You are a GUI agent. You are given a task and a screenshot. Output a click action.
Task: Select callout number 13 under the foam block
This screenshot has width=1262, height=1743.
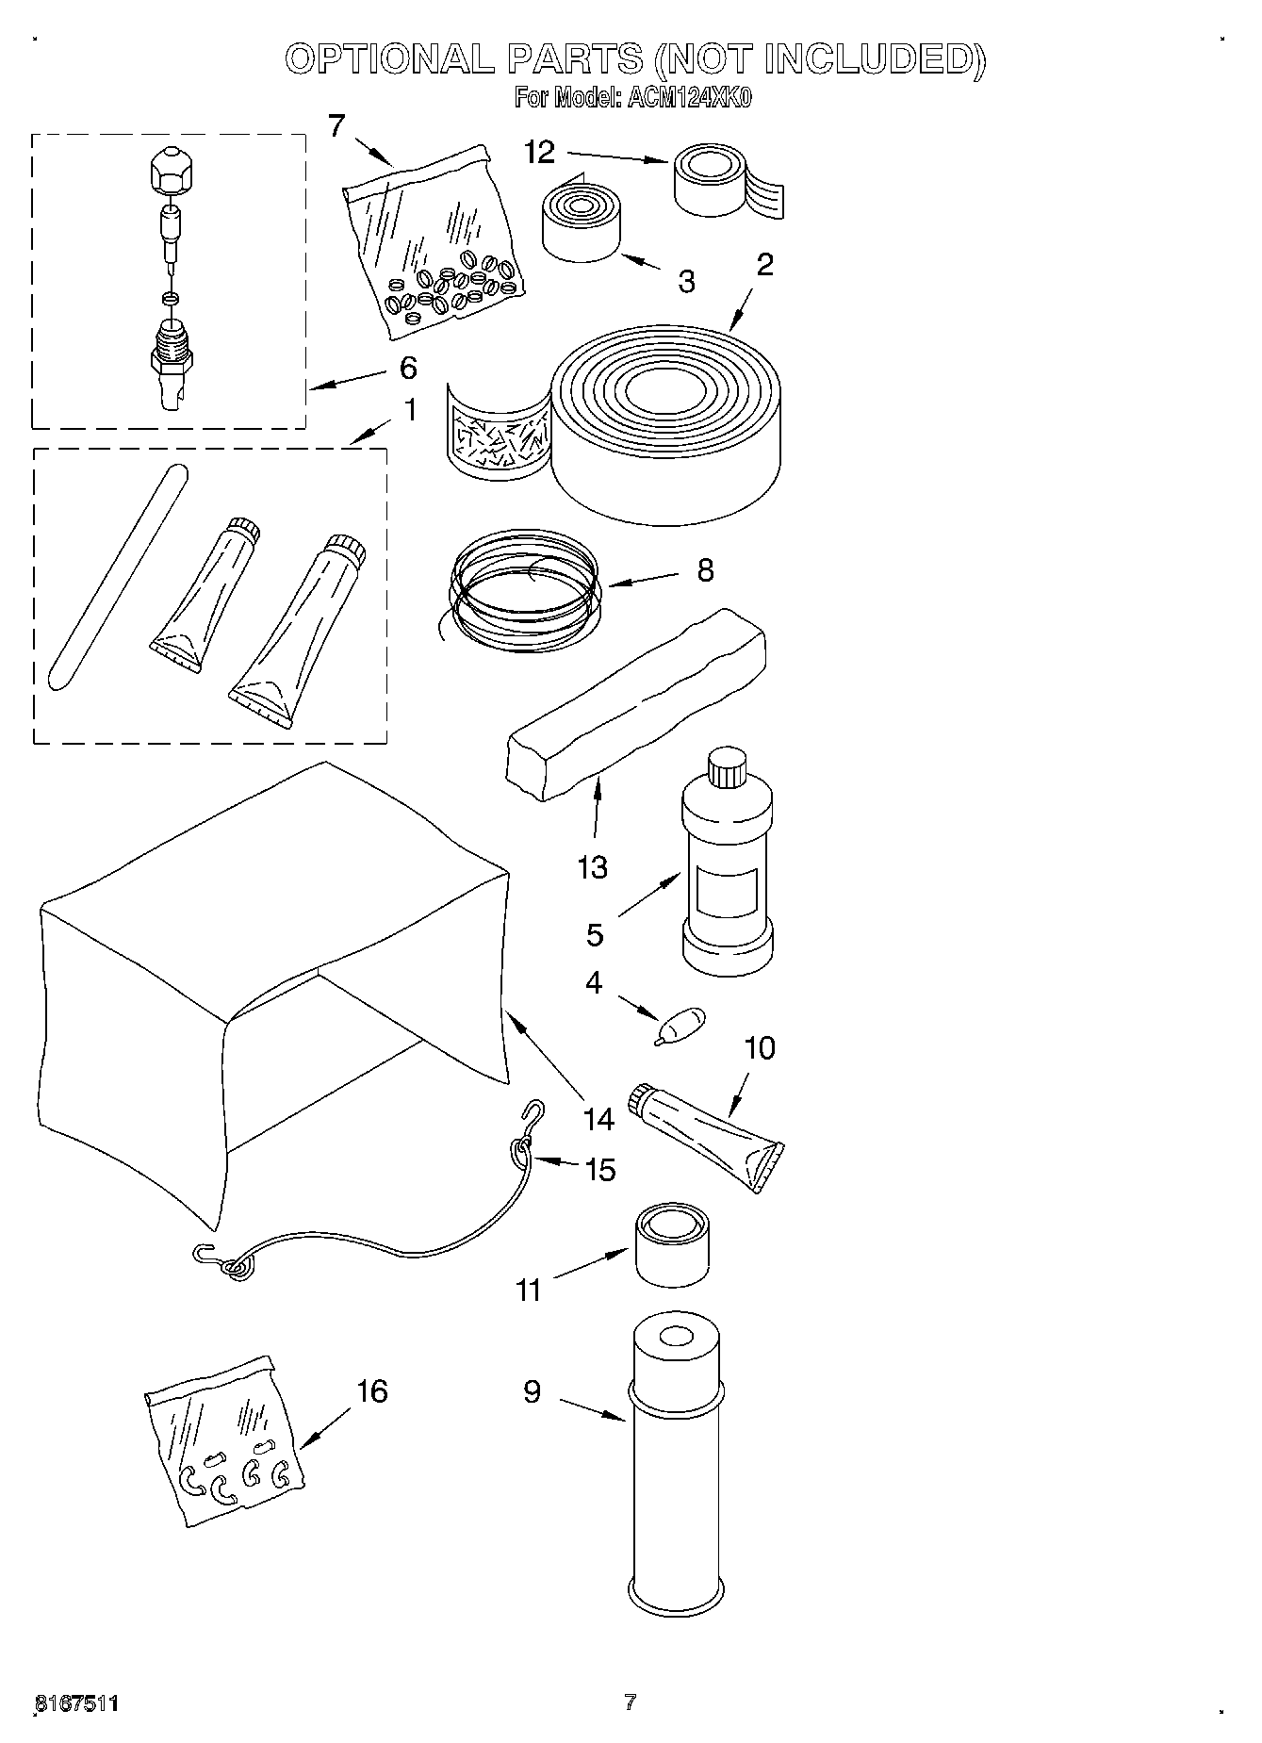point(592,867)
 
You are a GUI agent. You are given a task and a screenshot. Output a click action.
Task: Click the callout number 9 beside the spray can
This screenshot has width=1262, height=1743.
point(533,1391)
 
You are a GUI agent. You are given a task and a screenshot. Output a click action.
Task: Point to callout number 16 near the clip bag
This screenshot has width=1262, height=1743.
point(372,1390)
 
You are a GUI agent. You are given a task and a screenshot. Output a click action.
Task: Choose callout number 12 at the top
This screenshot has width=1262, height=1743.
point(539,153)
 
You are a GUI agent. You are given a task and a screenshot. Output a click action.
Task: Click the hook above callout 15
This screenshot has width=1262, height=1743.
point(533,1112)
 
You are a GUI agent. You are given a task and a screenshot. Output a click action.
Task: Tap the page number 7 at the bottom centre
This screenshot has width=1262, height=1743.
point(631,1702)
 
